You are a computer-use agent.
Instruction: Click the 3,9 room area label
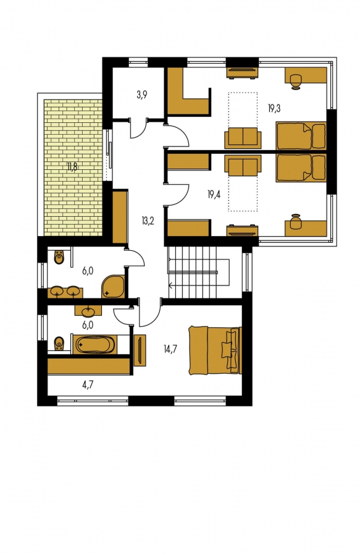pyautogui.click(x=142, y=95)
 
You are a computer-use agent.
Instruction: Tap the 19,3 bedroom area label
pyautogui.click(x=274, y=109)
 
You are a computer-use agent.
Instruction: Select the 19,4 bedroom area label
pyautogui.click(x=214, y=194)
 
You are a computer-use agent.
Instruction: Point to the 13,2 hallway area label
pyautogui.click(x=148, y=221)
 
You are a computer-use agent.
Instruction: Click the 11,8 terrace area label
pyautogui.click(x=72, y=167)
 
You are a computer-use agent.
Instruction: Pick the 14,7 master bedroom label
pyautogui.click(x=170, y=349)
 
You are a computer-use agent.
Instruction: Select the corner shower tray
pyautogui.click(x=114, y=286)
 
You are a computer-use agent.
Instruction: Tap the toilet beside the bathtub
pyautogui.click(x=59, y=343)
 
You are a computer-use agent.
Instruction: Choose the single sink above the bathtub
pyautogui.click(x=88, y=311)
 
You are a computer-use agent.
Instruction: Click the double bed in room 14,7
pyautogui.click(x=214, y=350)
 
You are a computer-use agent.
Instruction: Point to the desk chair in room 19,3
pyautogui.click(x=295, y=80)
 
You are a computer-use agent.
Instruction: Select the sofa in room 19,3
pyautogui.click(x=243, y=138)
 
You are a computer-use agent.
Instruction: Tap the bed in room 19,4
pyautogui.click(x=301, y=168)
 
